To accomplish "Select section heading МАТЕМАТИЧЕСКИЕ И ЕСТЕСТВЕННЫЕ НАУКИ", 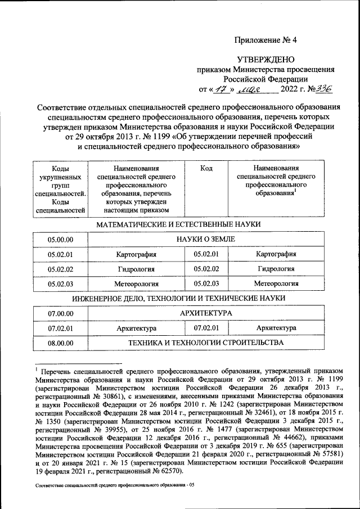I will click(x=178, y=224).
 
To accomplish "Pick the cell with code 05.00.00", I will click(x=61, y=240).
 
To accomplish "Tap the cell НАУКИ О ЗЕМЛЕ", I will click(x=206, y=240).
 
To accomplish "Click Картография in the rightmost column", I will click(x=276, y=254).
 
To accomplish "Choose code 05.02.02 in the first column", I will click(x=61, y=269).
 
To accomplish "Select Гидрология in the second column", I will click(x=136, y=269).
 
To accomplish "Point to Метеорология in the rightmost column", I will click(x=276, y=283).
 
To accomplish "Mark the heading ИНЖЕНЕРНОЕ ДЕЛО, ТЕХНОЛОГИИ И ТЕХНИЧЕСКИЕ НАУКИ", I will click(x=178, y=298).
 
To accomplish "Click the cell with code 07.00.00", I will click(x=61, y=313).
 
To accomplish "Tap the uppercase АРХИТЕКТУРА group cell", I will click(x=206, y=313).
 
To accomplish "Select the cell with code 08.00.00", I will click(x=61, y=343).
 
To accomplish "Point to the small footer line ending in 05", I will click(x=114, y=484).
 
